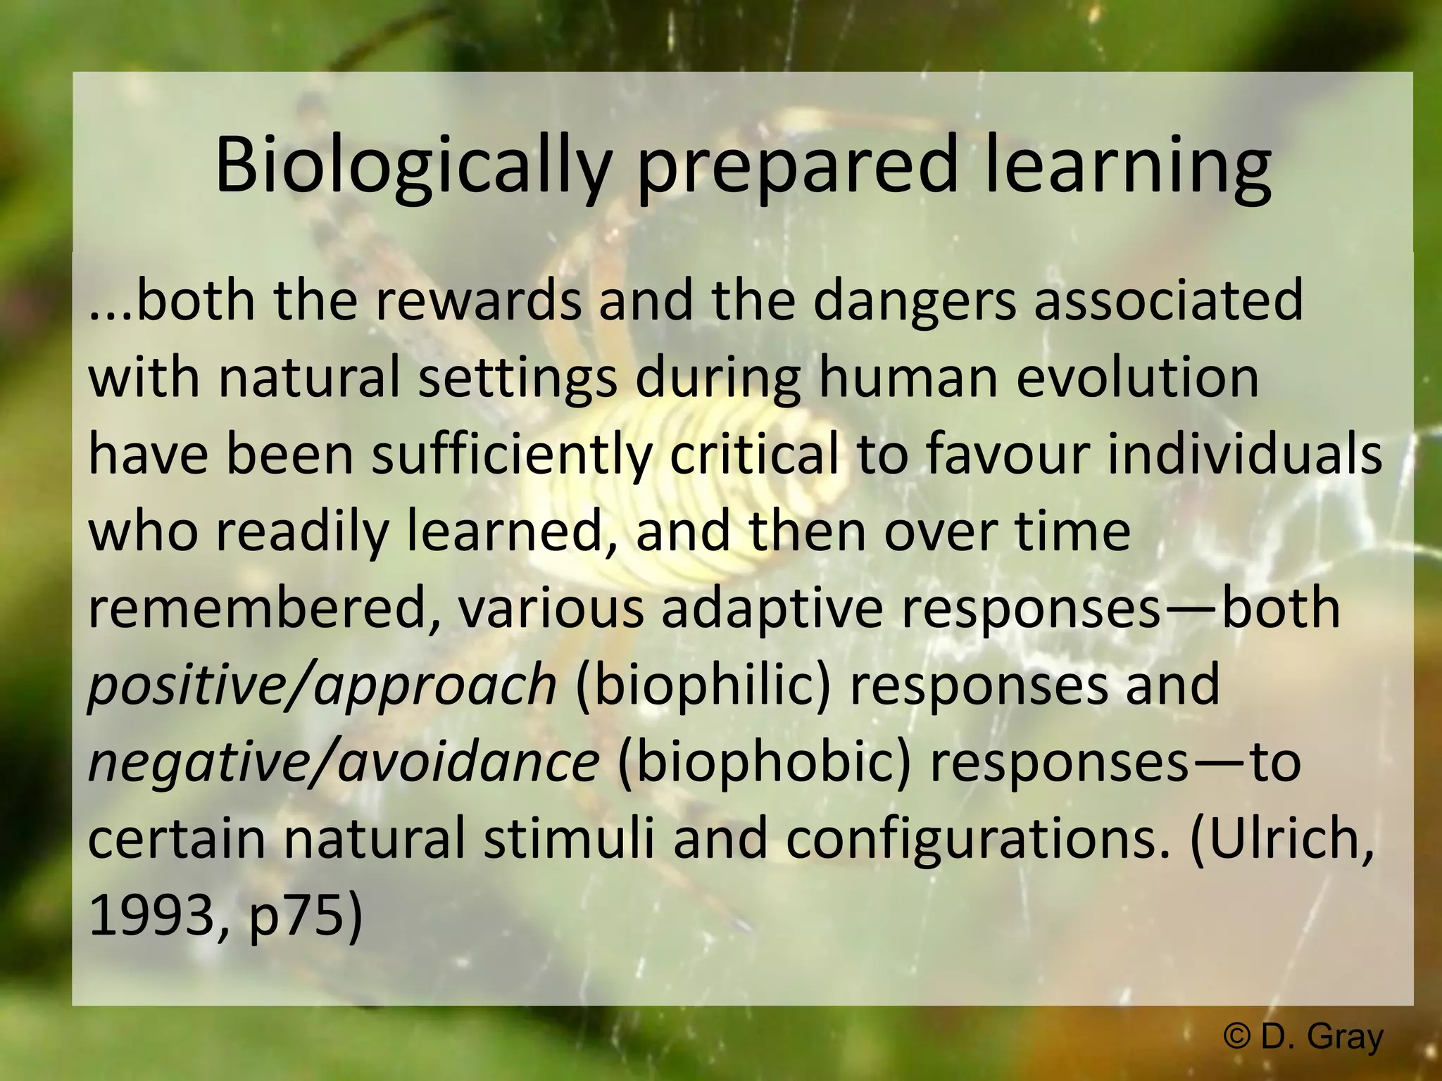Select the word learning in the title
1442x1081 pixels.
click(1127, 169)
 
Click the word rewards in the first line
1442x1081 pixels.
click(478, 301)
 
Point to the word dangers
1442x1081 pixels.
click(915, 301)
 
